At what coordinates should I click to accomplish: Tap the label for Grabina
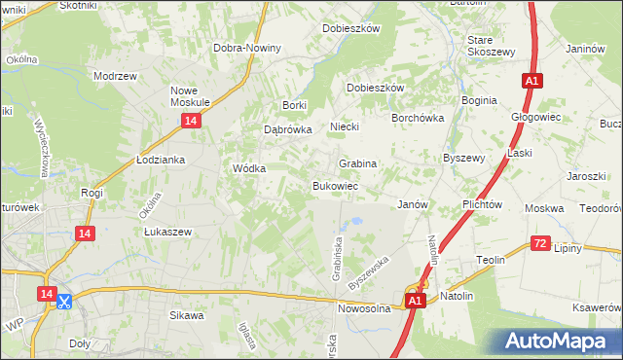click(357, 163)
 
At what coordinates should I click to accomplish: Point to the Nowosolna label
click(364, 308)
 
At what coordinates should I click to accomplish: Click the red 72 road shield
click(541, 242)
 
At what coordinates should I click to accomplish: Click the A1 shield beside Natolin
click(416, 302)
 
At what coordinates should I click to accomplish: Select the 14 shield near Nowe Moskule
click(191, 120)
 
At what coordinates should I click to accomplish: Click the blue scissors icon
click(64, 302)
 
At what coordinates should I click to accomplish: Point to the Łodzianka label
click(161, 159)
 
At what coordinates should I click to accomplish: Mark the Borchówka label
click(418, 117)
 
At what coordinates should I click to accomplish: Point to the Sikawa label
click(187, 315)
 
